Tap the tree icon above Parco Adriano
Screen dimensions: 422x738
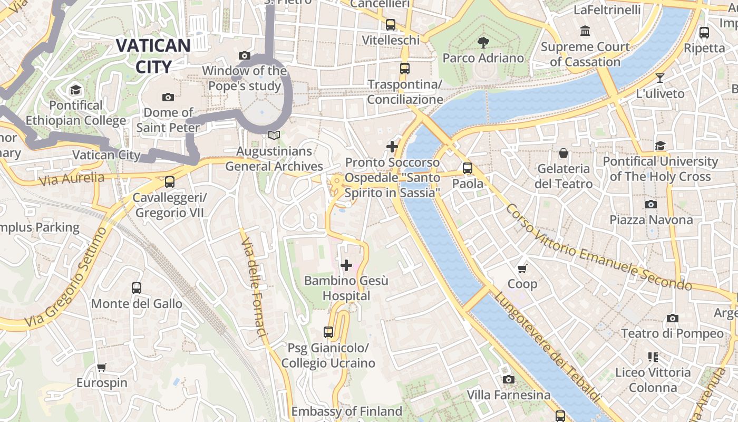[x=483, y=42]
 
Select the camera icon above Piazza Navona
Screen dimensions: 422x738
[x=651, y=204]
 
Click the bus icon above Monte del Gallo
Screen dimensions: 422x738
[x=137, y=288]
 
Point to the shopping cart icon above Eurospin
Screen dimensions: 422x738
[x=102, y=367]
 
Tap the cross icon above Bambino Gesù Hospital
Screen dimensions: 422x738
[x=346, y=265]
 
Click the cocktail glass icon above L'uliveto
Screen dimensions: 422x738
[x=660, y=78]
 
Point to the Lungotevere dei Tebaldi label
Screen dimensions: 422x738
[x=546, y=348]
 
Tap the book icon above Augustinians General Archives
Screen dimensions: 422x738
[x=274, y=136]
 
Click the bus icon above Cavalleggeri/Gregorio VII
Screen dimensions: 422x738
[x=169, y=182]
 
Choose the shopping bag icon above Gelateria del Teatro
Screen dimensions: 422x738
[x=564, y=154]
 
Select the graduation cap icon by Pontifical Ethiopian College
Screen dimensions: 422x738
[x=75, y=90]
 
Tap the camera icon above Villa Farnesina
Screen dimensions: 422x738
[x=508, y=379]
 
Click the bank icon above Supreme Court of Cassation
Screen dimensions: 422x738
[x=585, y=31]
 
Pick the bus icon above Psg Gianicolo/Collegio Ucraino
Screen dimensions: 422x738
[x=328, y=332]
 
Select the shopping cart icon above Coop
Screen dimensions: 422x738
[x=522, y=269]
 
